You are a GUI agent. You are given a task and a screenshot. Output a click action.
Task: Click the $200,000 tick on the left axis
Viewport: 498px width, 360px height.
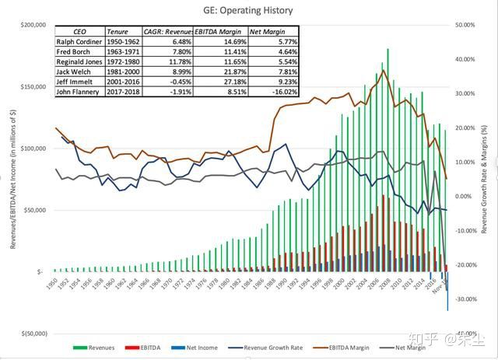[31, 25]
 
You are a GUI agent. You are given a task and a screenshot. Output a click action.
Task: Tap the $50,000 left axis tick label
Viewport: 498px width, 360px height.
[34, 210]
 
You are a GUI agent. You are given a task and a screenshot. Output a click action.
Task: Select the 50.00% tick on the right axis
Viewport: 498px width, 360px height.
[465, 25]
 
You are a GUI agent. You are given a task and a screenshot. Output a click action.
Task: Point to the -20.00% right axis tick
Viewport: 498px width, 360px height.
[466, 265]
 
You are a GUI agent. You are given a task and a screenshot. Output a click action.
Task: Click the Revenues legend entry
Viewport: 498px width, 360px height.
[95, 348]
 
